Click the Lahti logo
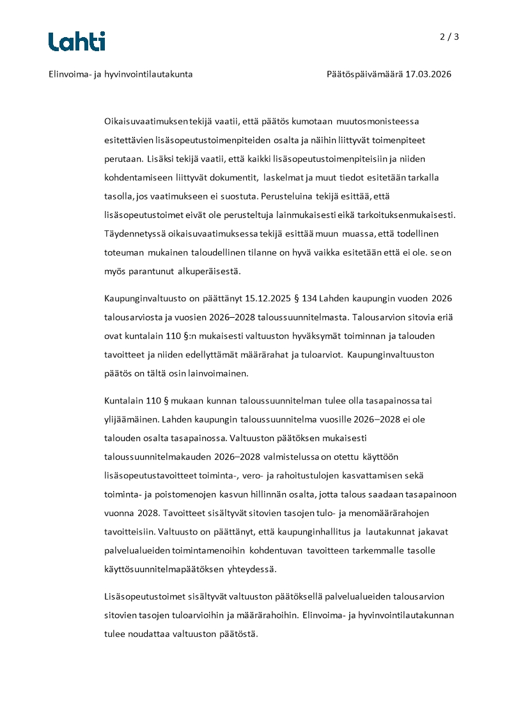point(77,42)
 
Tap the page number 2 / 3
point(449,36)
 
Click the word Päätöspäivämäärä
point(364,74)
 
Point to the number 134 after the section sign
point(309,299)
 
